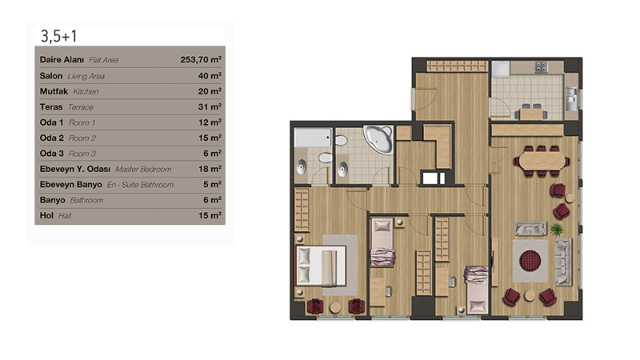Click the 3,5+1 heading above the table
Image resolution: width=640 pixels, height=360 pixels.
(x=58, y=36)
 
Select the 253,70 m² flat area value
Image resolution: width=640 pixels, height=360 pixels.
(x=201, y=59)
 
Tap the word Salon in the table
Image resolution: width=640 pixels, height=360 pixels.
(x=51, y=76)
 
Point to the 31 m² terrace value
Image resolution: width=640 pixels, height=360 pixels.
(x=210, y=107)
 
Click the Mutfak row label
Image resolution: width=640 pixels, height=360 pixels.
(x=54, y=91)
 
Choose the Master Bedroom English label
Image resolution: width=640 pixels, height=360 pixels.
(x=143, y=170)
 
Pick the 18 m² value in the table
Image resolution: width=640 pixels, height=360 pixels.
(x=210, y=169)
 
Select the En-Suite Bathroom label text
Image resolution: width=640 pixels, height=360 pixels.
(x=140, y=185)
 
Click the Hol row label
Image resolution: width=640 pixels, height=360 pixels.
(x=46, y=215)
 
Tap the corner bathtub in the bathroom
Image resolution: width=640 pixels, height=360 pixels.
(x=379, y=139)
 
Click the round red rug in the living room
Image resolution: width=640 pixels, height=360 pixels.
(x=530, y=261)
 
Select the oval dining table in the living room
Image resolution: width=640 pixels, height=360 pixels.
(x=542, y=162)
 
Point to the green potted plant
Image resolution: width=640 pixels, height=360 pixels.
(x=556, y=229)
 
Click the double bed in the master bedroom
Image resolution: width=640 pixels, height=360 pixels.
(x=322, y=266)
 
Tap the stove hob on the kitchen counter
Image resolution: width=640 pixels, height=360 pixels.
(x=542, y=67)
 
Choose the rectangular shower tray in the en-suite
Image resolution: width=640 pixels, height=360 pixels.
(x=313, y=138)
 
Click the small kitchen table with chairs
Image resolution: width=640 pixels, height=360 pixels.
(x=531, y=112)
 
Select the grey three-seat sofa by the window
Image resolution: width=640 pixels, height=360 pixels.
(x=564, y=262)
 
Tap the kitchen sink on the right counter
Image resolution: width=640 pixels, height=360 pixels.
(x=571, y=97)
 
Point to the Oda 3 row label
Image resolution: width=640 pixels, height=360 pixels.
(x=51, y=154)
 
